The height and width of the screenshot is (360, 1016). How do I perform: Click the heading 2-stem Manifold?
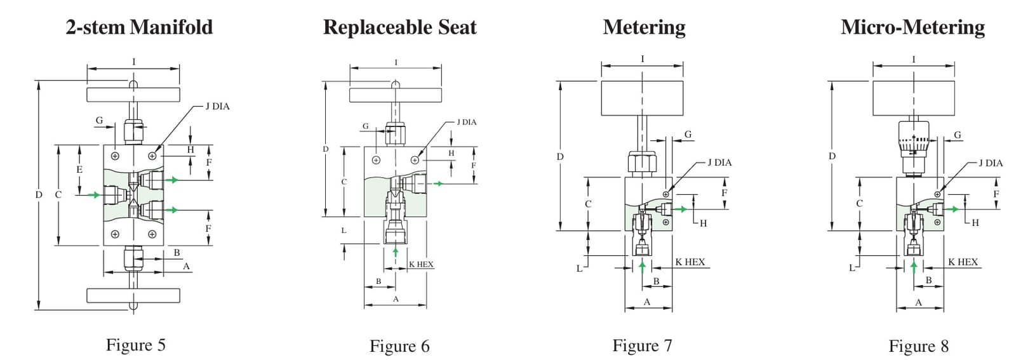pyautogui.click(x=139, y=27)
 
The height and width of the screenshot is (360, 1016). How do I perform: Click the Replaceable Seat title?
pyautogui.click(x=399, y=27)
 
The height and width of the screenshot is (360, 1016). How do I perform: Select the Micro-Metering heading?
pyautogui.click(x=912, y=27)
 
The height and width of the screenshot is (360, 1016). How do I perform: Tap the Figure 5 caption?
pyautogui.click(x=136, y=345)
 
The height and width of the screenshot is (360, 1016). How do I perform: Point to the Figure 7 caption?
pyautogui.click(x=642, y=345)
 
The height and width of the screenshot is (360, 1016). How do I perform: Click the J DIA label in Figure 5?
pyautogui.click(x=217, y=107)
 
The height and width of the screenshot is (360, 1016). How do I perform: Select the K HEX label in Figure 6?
pyautogui.click(x=421, y=264)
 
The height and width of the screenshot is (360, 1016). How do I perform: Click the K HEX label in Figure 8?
pyautogui.click(x=963, y=262)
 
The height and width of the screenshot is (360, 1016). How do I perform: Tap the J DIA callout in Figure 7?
pyautogui.click(x=719, y=163)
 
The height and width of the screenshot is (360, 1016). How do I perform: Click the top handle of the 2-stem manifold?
pyautogui.click(x=133, y=95)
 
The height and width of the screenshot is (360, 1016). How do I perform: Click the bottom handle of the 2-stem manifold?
pyautogui.click(x=133, y=296)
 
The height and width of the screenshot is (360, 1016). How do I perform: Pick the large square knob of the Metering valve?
pyautogui.click(x=642, y=98)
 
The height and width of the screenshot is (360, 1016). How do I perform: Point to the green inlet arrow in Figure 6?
pyautogui.click(x=396, y=251)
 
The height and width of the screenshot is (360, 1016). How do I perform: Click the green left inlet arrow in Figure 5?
pyautogui.click(x=94, y=195)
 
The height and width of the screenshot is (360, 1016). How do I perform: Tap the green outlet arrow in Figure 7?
pyautogui.click(x=681, y=209)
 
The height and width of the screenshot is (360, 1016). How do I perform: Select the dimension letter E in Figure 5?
pyautogui.click(x=79, y=170)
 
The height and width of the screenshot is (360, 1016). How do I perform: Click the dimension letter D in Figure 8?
pyautogui.click(x=832, y=156)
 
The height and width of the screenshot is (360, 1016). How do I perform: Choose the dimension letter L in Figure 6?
pyautogui.click(x=344, y=230)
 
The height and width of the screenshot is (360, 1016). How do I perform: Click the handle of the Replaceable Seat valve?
pyautogui.click(x=396, y=95)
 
